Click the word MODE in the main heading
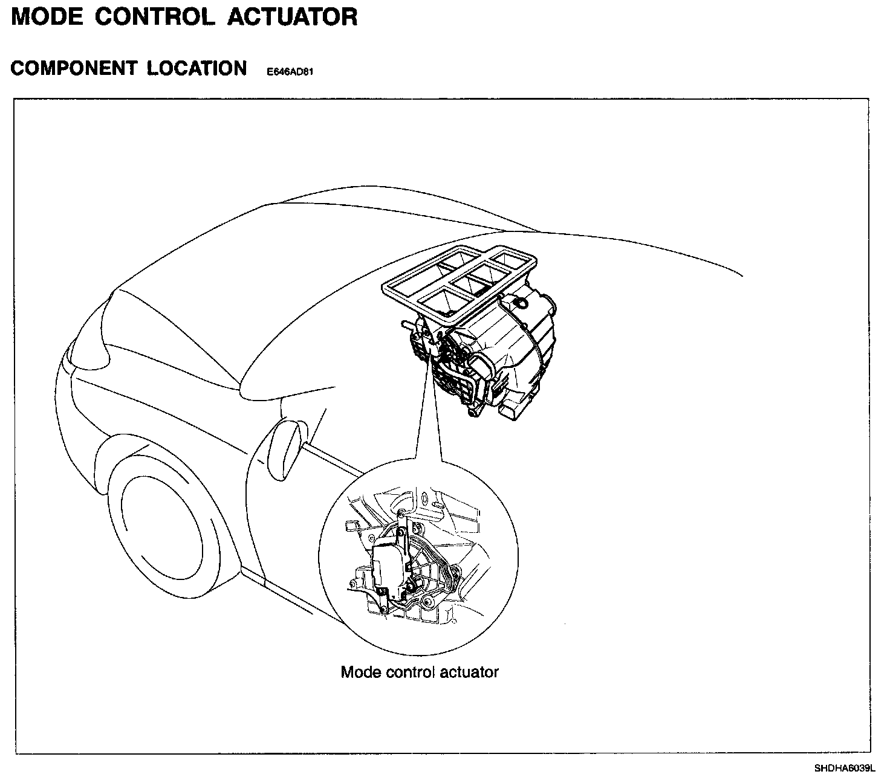coord(47,17)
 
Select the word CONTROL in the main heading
coord(155,17)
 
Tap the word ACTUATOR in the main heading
coord(292,17)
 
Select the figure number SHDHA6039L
coord(844,769)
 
